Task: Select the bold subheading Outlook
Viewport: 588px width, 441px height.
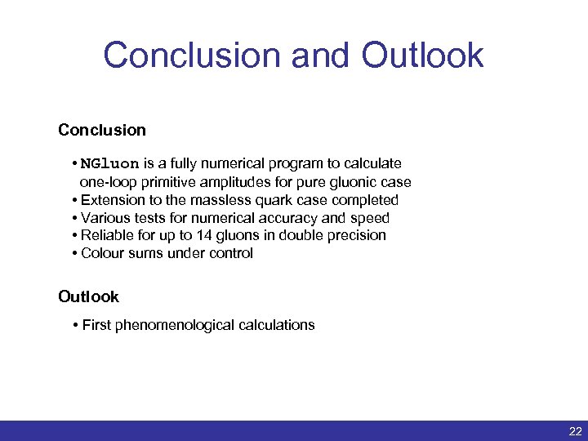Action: tap(88, 296)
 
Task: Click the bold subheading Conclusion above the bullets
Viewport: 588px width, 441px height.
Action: tap(102, 130)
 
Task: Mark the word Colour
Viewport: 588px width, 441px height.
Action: tap(103, 253)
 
